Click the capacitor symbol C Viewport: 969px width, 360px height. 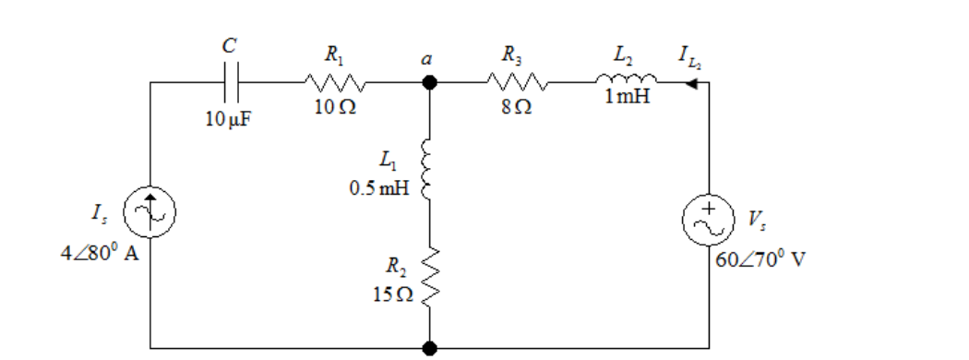pyautogui.click(x=229, y=81)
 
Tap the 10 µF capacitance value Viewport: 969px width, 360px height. pyautogui.click(x=228, y=119)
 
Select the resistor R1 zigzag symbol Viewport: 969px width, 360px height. pyautogui.click(x=334, y=82)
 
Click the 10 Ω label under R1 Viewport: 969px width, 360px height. pyautogui.click(x=335, y=108)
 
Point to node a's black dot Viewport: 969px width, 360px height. pyautogui.click(x=429, y=82)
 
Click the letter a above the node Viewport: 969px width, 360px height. pyautogui.click(x=426, y=60)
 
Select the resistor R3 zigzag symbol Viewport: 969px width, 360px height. pyautogui.click(x=517, y=82)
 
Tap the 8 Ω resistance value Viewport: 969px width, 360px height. pyautogui.click(x=517, y=108)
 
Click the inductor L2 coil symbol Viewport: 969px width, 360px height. pyautogui.click(x=627, y=78)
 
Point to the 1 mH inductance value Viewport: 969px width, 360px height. pyautogui.click(x=628, y=97)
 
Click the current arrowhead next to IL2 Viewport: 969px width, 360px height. pyautogui.click(x=692, y=83)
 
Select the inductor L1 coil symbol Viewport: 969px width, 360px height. pyautogui.click(x=425, y=170)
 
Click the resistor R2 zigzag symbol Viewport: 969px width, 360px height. pyautogui.click(x=429, y=278)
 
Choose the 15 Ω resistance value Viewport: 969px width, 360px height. pyautogui.click(x=393, y=294)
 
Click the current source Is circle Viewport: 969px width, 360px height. pyautogui.click(x=150, y=212)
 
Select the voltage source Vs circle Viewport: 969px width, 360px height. pyautogui.click(x=708, y=221)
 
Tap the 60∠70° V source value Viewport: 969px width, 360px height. pyautogui.click(x=760, y=258)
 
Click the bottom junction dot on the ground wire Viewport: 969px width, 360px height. pyautogui.click(x=429, y=348)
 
